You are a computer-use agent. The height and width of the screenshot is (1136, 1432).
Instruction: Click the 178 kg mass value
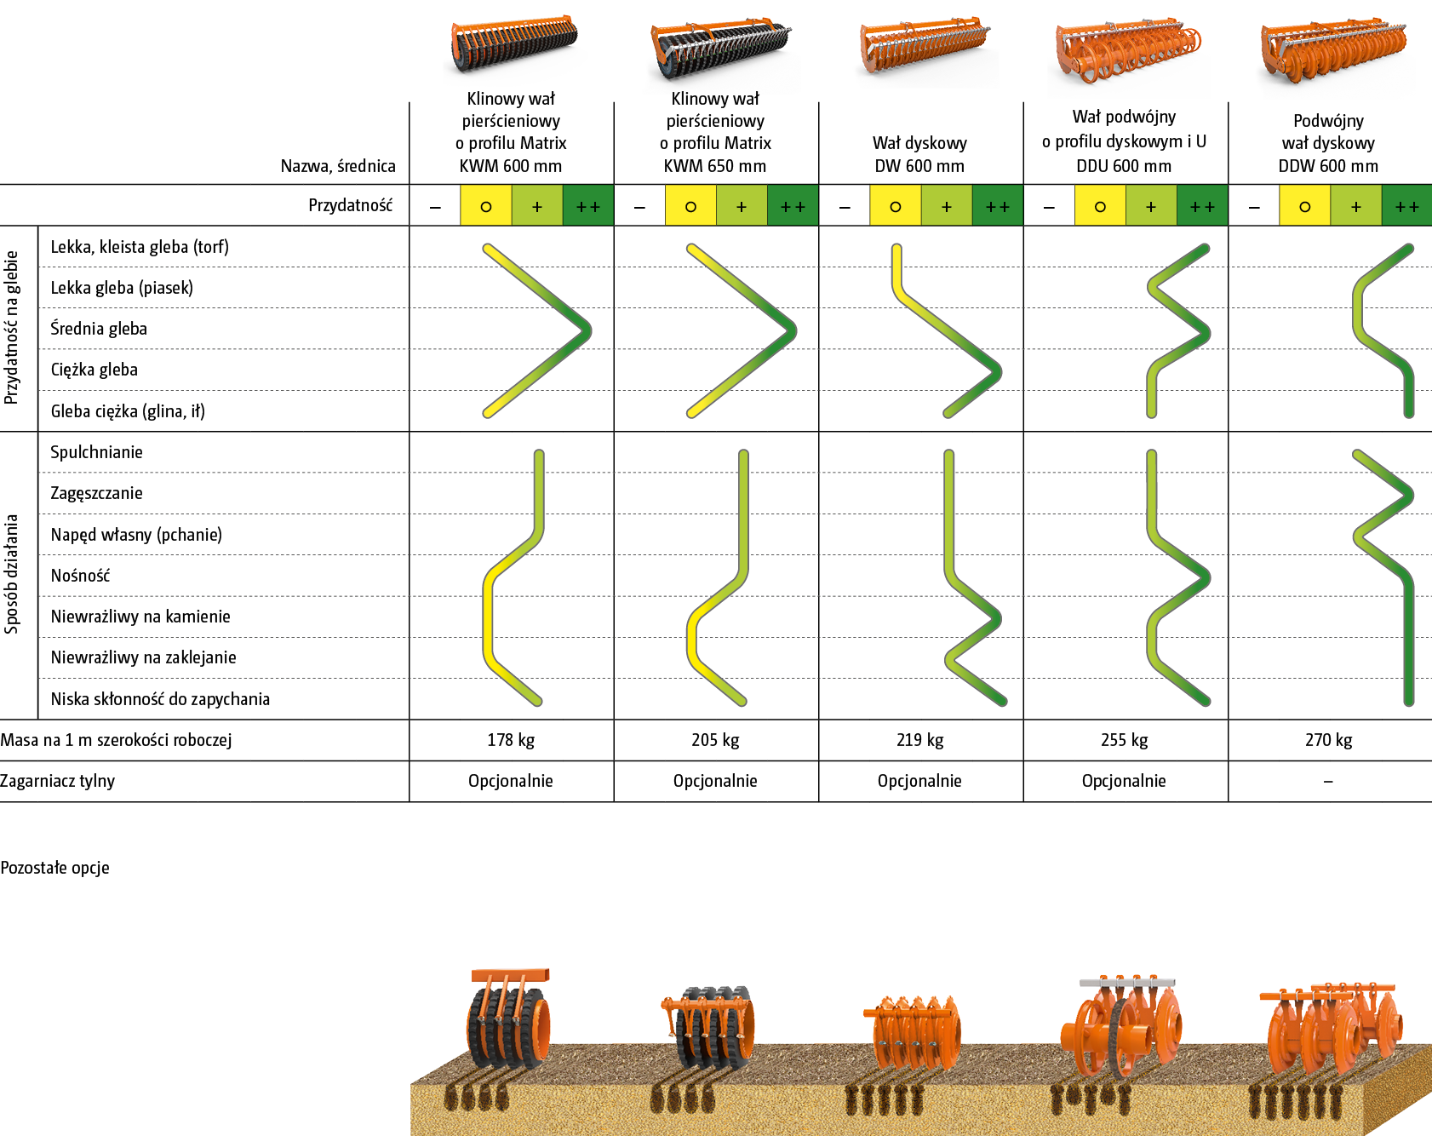(x=511, y=740)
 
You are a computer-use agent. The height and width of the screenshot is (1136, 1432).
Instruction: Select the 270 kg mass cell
(x=1328, y=740)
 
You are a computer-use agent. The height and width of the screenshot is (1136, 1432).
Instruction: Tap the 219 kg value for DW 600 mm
(x=919, y=740)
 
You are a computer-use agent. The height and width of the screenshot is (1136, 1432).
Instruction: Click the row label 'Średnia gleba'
(x=99, y=329)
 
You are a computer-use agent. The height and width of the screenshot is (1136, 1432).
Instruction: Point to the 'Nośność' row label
(x=80, y=576)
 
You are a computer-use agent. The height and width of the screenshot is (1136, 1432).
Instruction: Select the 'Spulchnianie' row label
(x=96, y=452)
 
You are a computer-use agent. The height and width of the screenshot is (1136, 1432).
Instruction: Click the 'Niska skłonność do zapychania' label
(x=160, y=699)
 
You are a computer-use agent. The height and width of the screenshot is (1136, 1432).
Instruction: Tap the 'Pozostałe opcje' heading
(x=54, y=868)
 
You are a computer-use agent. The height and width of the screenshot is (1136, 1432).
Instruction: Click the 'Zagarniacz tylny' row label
(x=57, y=781)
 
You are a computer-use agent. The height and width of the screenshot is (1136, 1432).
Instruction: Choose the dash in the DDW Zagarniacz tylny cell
(x=1328, y=781)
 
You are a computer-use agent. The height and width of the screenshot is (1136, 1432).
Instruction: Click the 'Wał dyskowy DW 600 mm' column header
(x=919, y=154)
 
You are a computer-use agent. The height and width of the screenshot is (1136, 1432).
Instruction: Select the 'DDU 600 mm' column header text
(x=1124, y=166)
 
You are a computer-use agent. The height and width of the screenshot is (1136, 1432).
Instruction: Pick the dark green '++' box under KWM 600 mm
(x=587, y=206)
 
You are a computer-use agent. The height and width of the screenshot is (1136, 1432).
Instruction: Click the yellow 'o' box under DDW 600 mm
(x=1304, y=206)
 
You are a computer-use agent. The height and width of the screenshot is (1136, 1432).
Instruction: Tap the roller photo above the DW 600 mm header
(x=925, y=51)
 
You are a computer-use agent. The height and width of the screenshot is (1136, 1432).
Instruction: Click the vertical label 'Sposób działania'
(x=12, y=574)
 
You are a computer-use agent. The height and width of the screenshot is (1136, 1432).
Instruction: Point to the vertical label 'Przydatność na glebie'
(x=12, y=327)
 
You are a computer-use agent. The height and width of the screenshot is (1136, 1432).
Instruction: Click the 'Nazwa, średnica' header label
(x=338, y=166)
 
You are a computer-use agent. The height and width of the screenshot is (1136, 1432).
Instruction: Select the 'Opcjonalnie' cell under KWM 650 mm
(x=715, y=781)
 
